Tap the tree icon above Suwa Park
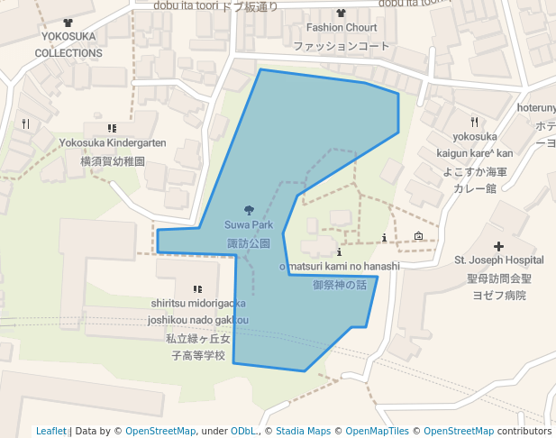249,209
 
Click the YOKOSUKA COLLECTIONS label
68,44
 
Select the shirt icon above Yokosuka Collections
69,23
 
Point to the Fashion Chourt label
341,27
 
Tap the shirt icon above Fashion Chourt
341,13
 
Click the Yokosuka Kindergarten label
113,142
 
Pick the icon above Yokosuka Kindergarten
112,129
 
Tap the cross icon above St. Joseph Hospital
499,245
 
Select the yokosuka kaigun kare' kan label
475,144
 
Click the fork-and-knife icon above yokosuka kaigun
474,122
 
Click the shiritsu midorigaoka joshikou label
197,311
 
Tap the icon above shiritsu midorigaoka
197,289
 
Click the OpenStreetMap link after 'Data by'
160,431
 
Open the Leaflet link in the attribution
51,431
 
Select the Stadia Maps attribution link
303,431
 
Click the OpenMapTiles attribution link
377,431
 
